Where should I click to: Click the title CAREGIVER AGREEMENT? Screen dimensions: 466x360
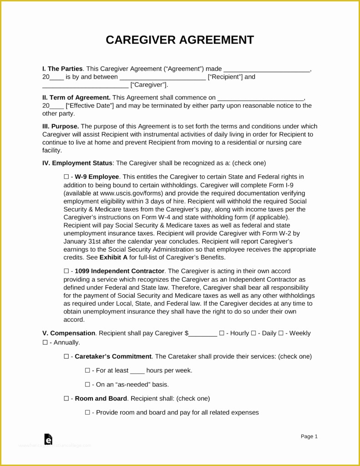tap(180, 40)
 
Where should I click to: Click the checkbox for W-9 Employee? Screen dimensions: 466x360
tap(66, 177)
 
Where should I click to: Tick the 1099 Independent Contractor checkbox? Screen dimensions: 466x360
tap(66, 271)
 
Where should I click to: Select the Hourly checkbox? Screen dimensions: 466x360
tap(222, 333)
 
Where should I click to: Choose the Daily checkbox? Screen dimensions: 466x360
tap(254, 333)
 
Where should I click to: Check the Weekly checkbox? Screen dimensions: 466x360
tap(281, 333)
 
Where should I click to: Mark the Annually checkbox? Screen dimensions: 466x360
tap(45, 342)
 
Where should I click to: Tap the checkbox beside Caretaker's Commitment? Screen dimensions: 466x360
tap(66, 356)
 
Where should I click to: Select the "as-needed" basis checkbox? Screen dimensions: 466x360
tap(87, 385)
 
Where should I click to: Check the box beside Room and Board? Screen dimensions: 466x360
tap(66, 399)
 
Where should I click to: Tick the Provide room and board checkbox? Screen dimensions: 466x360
tap(87, 413)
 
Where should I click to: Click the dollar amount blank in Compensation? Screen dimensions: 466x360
tap(203, 334)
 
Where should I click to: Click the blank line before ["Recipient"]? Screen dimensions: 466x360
tap(162, 77)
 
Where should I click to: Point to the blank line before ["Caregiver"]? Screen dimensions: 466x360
tap(85, 85)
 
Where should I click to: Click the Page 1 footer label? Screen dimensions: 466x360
tap(309, 436)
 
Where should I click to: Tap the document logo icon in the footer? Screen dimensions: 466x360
tap(48, 439)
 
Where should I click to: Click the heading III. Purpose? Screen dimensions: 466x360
tap(61, 127)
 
